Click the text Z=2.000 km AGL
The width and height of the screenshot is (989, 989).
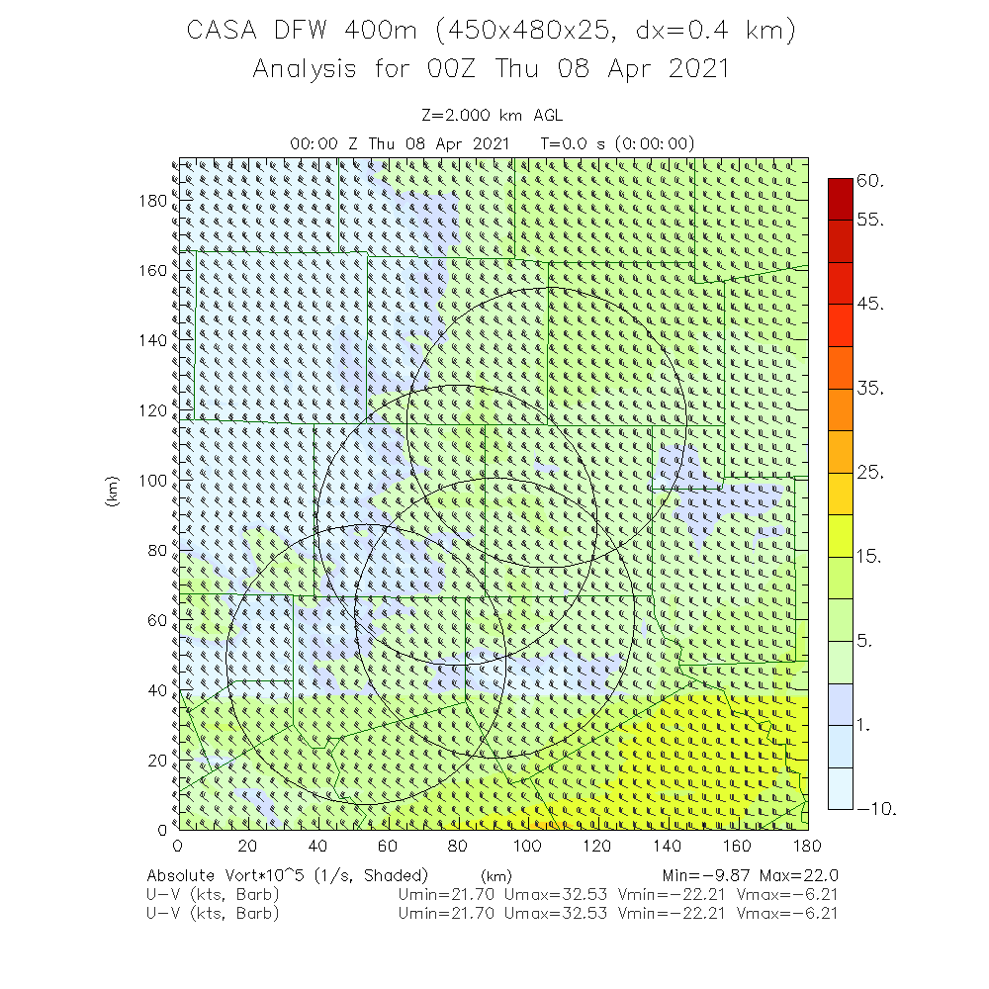tap(493, 115)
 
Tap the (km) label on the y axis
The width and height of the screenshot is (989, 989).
tap(113, 492)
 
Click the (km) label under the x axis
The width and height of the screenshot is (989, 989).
tap(495, 876)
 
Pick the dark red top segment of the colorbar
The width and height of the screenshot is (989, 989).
tap(839, 192)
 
